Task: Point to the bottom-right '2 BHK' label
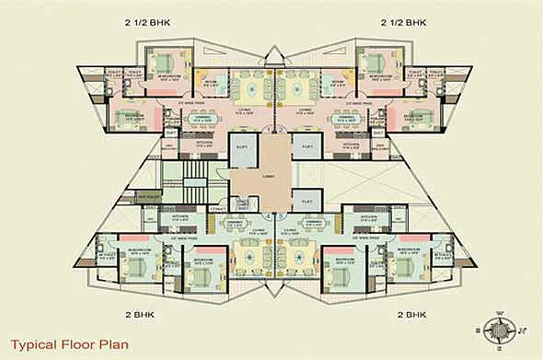point(413,314)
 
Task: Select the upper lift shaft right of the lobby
point(306,150)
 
